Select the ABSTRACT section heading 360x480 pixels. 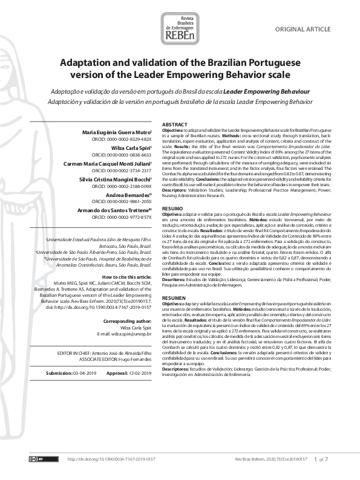pyautogui.click(x=176, y=124)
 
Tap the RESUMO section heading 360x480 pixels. pyautogui.click(x=172, y=207)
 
